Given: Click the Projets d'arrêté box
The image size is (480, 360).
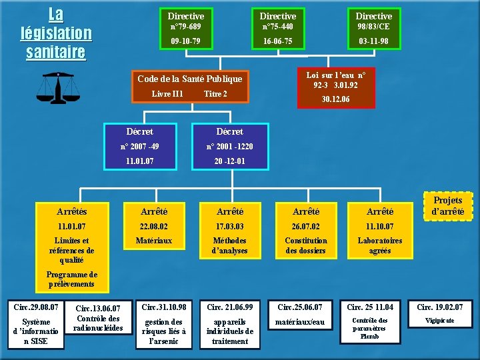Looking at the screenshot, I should point(447,206).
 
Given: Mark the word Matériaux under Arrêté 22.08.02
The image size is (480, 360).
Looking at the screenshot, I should point(154,241).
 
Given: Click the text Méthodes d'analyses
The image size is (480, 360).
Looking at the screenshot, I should point(229,245).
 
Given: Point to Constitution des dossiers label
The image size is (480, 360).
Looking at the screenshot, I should point(306,245).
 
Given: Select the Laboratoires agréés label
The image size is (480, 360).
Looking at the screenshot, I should point(379,245).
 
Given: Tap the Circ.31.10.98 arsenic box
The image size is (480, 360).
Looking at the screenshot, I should point(165,325).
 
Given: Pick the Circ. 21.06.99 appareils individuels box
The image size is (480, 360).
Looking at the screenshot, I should point(230,325).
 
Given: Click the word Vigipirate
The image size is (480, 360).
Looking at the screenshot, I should point(439,321).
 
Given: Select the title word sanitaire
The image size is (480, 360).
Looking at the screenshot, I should point(56,52).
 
